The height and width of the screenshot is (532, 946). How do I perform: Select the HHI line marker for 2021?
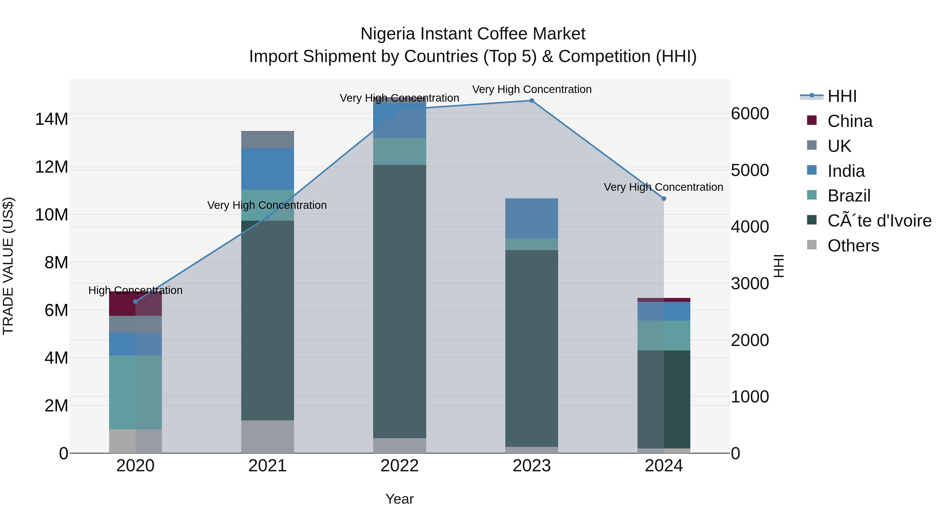tap(267, 217)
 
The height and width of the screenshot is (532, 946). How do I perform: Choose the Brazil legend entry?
tap(849, 196)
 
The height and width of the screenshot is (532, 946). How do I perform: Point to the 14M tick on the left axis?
tap(52, 119)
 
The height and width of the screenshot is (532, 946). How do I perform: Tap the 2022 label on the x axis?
tap(399, 466)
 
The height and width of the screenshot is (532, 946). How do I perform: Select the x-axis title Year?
tap(399, 499)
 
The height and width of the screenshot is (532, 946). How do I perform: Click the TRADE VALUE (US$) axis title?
tap(8, 266)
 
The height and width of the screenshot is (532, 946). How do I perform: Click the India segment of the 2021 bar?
tap(267, 169)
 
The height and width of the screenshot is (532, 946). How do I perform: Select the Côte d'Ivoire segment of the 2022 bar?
tap(399, 301)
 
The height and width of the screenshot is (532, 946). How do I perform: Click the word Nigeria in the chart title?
tap(388, 34)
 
